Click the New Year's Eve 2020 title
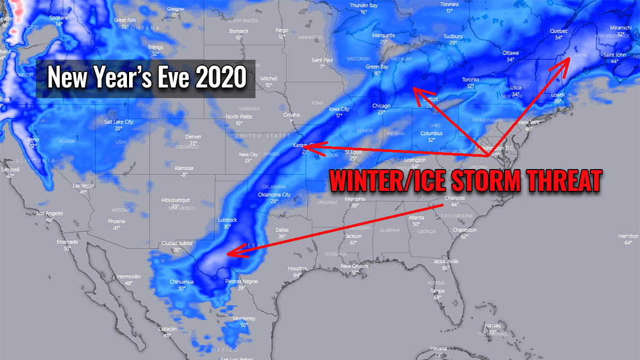coord(147,78)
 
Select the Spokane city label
coord(59,18)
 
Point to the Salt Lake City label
coord(118,122)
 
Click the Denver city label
coord(193,137)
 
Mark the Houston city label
coord(297,268)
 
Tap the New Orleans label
coord(355,266)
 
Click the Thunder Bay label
coord(363,5)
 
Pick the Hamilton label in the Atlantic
coord(628,236)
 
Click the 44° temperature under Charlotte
coord(454,205)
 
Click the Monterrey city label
coord(244,318)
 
